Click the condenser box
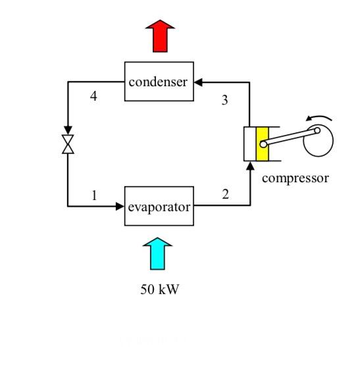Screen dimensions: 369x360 [159, 82]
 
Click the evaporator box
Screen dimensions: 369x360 [159, 207]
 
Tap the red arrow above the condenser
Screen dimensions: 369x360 [160, 36]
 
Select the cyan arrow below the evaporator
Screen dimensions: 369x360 [157, 254]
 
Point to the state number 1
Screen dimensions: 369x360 [94, 195]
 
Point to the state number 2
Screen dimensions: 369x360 [225, 194]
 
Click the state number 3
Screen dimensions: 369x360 [224, 101]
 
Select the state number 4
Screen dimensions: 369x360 [93, 97]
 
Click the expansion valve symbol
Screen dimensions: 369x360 [68, 144]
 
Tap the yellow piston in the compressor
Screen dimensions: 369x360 [263, 143]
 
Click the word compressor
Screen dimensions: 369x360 [295, 178]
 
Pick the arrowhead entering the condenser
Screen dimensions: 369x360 [198, 82]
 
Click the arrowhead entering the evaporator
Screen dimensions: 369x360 [120, 207]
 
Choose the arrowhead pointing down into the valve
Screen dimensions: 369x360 [68, 130]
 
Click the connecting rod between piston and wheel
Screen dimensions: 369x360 [290, 137]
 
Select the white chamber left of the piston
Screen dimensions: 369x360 [250, 143]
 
